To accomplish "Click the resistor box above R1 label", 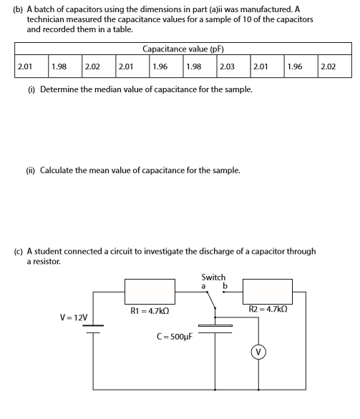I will click(150, 292).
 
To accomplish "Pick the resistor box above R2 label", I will click(268, 292).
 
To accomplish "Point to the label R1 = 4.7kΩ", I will click(150, 311).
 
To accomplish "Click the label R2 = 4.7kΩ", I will click(268, 310).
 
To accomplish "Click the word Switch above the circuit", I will click(213, 277).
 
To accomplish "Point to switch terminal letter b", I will click(225, 286).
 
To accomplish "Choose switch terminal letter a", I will click(204, 286).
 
